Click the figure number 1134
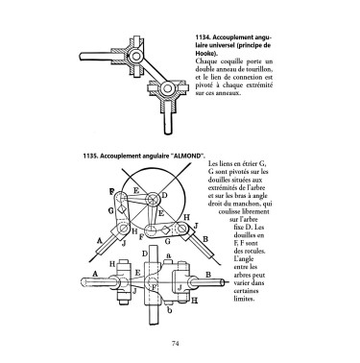coord(202,37)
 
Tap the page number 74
coord(175,344)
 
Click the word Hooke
coord(204,53)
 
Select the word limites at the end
coord(244,299)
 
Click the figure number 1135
coord(89,156)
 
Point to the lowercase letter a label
coord(168,255)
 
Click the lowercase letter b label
coord(170,309)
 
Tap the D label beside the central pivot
coord(165,195)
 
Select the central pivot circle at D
coord(152,200)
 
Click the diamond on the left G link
coord(121,209)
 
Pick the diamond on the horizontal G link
coord(165,230)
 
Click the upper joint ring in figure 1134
coord(135,57)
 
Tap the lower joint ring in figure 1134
coord(167,87)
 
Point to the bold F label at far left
coord(111,191)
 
